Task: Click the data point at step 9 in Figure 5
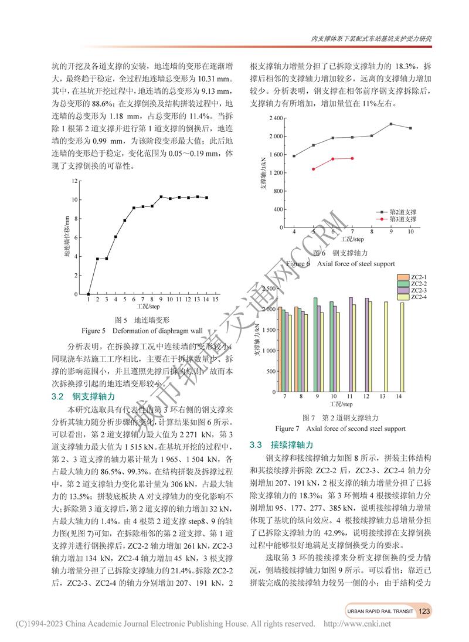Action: coord(161,197)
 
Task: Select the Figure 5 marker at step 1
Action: coord(89,294)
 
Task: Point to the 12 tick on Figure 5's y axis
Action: coord(74,181)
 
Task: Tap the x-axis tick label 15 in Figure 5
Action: coord(216,300)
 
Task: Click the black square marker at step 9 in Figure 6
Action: coord(391,124)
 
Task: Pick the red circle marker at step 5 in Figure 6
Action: coord(314,169)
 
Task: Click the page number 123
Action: coord(425,611)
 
